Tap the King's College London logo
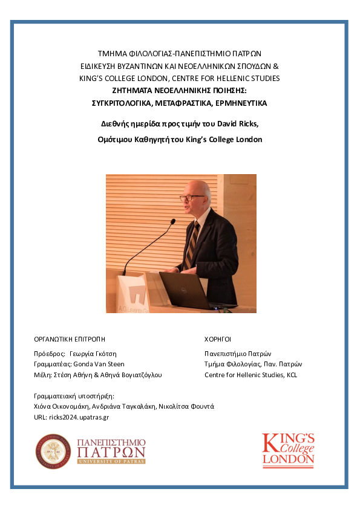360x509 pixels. (x=288, y=450)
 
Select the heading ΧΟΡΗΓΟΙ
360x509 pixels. (x=218, y=339)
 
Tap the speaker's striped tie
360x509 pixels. (x=192, y=245)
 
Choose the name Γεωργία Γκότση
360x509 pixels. (x=92, y=354)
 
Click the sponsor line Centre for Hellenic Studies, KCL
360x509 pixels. (x=251, y=375)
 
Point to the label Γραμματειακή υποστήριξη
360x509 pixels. (x=74, y=396)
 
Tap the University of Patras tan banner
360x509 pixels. (x=111, y=461)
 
